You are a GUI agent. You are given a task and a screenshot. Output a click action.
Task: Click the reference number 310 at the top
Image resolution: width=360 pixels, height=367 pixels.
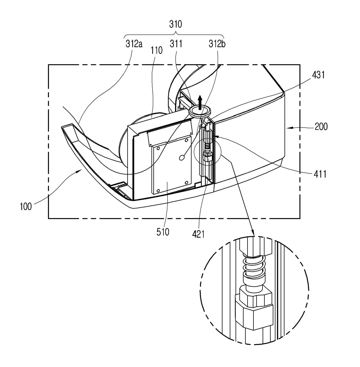tap(176, 24)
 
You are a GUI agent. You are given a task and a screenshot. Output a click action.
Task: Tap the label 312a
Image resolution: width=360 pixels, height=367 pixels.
tap(134, 44)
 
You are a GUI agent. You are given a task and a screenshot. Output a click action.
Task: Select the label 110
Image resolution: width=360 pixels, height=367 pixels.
tap(156, 51)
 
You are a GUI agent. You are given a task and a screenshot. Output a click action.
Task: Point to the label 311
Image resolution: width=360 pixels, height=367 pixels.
tap(176, 44)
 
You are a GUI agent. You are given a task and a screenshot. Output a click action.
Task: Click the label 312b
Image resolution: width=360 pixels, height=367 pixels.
tap(217, 44)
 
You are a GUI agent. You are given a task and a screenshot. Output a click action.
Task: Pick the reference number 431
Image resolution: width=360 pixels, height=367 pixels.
tap(318, 75)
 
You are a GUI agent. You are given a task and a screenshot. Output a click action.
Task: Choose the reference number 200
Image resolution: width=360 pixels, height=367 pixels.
tap(321, 126)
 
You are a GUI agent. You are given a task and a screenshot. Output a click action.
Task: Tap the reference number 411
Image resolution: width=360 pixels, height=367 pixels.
tap(320, 174)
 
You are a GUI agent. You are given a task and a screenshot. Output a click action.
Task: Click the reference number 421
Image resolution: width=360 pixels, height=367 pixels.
tap(198, 234)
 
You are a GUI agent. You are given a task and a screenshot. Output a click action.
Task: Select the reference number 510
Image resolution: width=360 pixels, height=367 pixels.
tap(163, 232)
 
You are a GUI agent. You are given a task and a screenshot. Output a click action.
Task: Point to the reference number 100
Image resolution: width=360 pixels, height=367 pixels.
tap(26, 206)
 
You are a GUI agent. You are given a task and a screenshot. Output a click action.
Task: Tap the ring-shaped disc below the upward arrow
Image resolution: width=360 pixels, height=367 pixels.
tap(200, 111)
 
